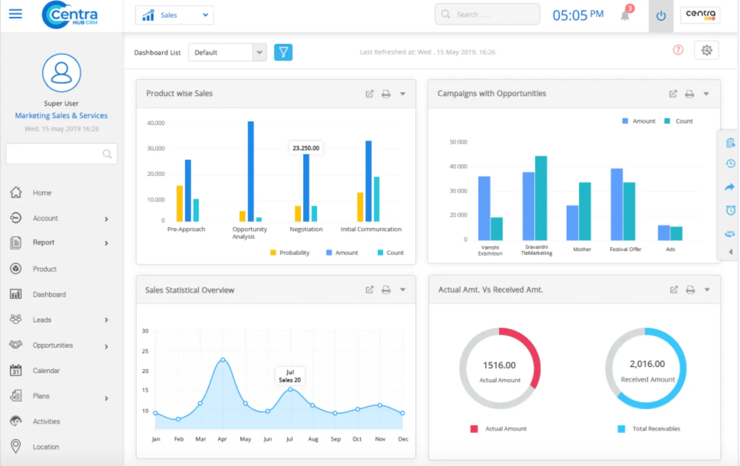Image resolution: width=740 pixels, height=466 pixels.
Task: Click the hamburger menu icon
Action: click(15, 14)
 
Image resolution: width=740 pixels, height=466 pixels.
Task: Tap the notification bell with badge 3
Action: click(625, 15)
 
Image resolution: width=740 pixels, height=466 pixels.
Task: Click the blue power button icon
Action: click(661, 16)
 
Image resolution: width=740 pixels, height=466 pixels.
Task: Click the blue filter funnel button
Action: click(283, 52)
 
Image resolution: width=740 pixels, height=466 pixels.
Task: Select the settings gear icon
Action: click(706, 50)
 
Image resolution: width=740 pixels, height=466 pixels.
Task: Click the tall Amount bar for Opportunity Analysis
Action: click(251, 171)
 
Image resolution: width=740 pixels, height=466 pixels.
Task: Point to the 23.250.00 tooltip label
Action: click(306, 148)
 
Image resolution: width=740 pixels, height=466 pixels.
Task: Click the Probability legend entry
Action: click(290, 253)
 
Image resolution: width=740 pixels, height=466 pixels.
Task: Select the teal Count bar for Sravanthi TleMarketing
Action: click(541, 198)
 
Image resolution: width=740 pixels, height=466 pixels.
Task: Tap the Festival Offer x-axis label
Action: click(625, 249)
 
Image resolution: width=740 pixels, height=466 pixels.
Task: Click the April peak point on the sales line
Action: click(223, 360)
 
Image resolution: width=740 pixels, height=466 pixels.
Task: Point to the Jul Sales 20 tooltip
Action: click(290, 376)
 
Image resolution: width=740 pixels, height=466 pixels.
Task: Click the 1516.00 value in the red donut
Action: click(499, 365)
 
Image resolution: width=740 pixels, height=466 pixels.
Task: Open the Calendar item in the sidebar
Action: click(46, 370)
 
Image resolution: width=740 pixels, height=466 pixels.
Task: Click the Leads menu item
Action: click(42, 320)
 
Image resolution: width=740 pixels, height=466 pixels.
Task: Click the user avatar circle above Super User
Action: click(61, 73)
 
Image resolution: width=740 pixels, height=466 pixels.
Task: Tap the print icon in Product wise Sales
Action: click(386, 94)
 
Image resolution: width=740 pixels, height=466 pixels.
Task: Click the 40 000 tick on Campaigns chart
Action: click(458, 167)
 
